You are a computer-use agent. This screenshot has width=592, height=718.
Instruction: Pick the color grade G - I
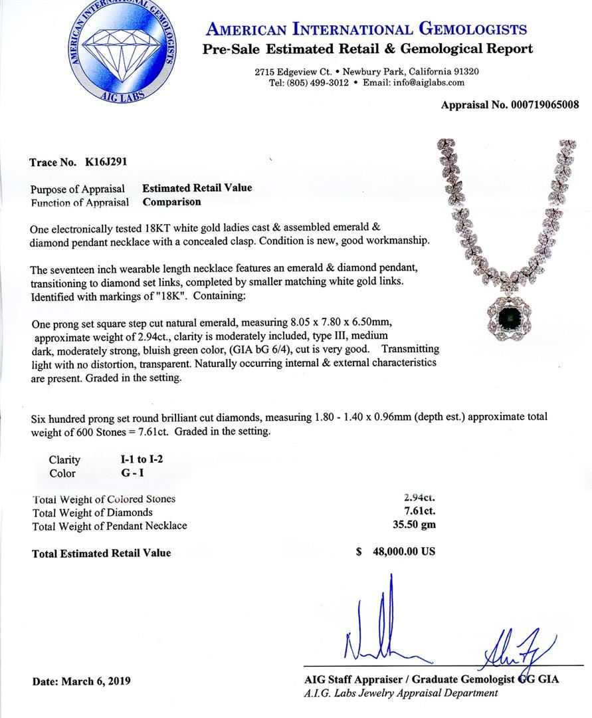pyautogui.click(x=127, y=473)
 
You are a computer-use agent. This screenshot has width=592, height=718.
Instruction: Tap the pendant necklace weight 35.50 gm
pyautogui.click(x=414, y=526)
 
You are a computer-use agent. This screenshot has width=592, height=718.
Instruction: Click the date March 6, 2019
pyautogui.click(x=96, y=681)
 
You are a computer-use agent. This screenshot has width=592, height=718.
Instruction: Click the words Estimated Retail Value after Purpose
pyautogui.click(x=197, y=188)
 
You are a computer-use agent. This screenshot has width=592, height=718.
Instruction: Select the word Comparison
pyautogui.click(x=171, y=202)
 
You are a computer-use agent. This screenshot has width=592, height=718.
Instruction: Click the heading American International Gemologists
pyautogui.click(x=366, y=29)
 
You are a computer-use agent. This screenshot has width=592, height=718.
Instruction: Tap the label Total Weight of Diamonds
pyautogui.click(x=92, y=513)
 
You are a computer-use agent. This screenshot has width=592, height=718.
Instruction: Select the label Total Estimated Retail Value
pyautogui.click(x=101, y=553)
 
